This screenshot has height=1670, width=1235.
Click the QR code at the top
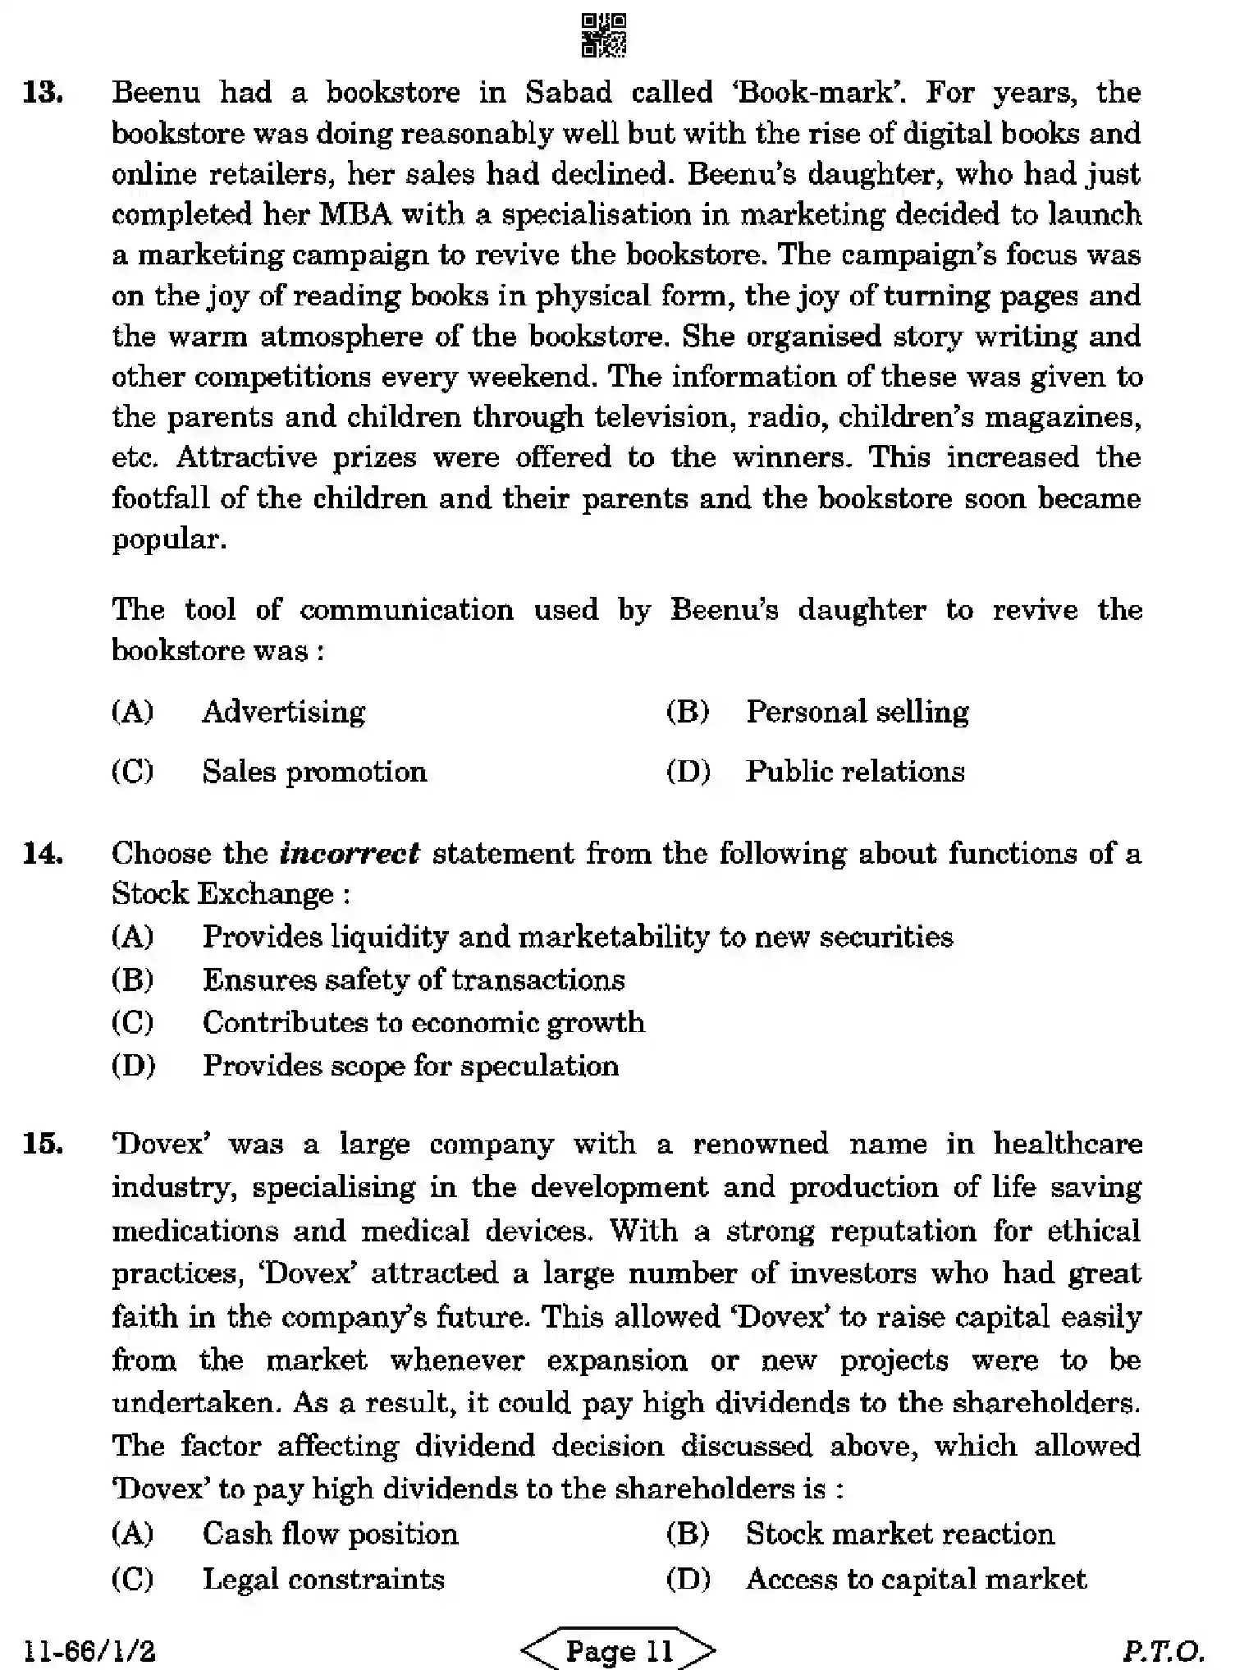(x=603, y=34)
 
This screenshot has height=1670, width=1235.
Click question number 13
(x=43, y=92)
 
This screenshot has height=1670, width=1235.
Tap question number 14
(x=43, y=853)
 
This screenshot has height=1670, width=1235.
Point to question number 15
(x=43, y=1143)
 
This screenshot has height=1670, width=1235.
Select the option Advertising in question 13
(x=283, y=711)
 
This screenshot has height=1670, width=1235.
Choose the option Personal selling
(x=857, y=711)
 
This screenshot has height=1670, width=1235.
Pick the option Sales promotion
(x=314, y=772)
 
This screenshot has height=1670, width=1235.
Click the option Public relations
(x=854, y=772)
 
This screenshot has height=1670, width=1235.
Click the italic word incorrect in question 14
(x=350, y=853)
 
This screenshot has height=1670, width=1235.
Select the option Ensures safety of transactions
(x=414, y=980)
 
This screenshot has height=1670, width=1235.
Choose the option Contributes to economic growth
(x=423, y=1022)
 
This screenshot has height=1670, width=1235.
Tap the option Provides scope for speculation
(x=410, y=1066)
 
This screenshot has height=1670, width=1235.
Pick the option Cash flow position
(x=330, y=1534)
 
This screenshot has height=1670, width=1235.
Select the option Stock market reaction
(x=899, y=1534)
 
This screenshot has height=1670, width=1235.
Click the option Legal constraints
(x=323, y=1579)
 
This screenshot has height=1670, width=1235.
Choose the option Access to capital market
(x=916, y=1579)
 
